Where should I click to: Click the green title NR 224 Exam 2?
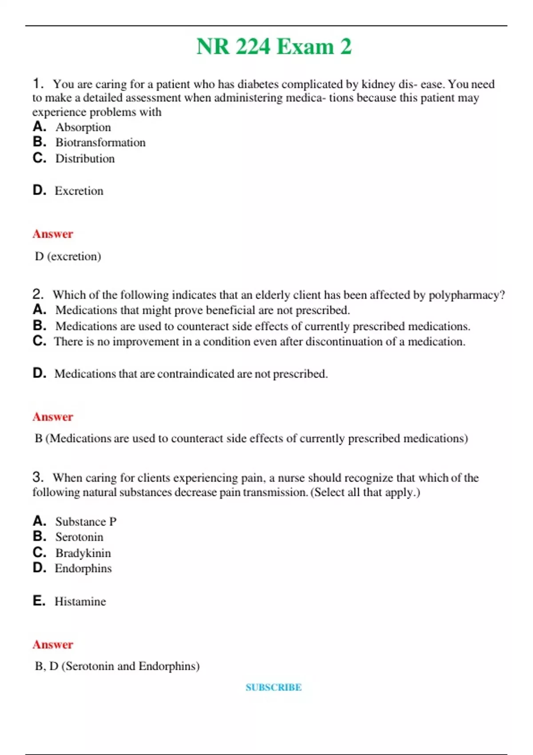274,47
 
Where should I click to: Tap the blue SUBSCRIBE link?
274,687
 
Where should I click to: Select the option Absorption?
83,127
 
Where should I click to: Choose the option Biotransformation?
100,143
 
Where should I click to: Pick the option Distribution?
85,159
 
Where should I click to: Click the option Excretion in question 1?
79,191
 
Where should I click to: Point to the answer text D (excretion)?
68,256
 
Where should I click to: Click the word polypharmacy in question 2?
466,295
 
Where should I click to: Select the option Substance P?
86,521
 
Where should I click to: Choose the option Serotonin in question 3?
79,537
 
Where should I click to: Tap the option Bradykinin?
83,553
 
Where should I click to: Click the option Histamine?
80,601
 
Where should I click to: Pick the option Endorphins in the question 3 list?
83,568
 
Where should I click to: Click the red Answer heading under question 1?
52,234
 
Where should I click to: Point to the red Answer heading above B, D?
52,644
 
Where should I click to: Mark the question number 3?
38,477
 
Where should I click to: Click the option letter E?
39,601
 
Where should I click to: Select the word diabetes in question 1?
258,84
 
